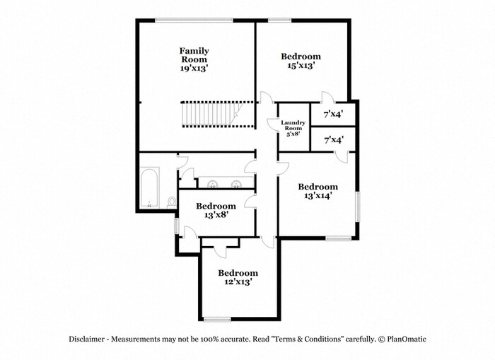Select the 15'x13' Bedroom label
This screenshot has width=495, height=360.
tap(301, 57)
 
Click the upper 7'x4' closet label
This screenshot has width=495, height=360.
tap(333, 114)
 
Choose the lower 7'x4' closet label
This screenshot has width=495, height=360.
tap(333, 140)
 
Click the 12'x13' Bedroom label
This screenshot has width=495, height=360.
tap(238, 273)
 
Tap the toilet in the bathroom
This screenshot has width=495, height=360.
tap(172, 202)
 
